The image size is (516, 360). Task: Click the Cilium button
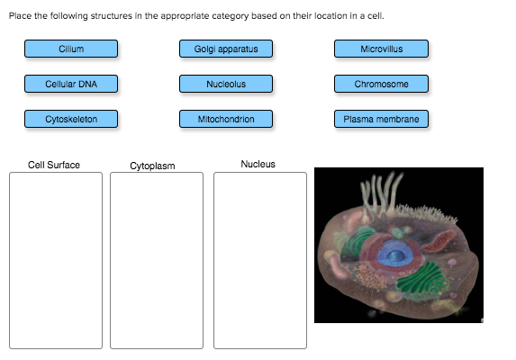pyautogui.click(x=71, y=49)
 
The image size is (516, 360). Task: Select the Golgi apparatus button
pyautogui.click(x=226, y=49)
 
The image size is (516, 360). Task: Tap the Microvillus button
pyautogui.click(x=381, y=49)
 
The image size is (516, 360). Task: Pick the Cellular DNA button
pyautogui.click(x=71, y=84)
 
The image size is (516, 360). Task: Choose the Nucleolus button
pyautogui.click(x=226, y=84)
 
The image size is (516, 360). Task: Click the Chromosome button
pyautogui.click(x=381, y=84)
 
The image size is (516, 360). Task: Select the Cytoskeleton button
pyautogui.click(x=71, y=119)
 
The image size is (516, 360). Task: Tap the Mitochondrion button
pyautogui.click(x=226, y=119)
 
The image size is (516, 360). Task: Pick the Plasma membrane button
pyautogui.click(x=381, y=119)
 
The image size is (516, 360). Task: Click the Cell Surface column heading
pyautogui.click(x=54, y=165)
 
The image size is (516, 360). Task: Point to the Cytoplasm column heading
pyautogui.click(x=152, y=166)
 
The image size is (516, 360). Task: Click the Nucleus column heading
pyautogui.click(x=258, y=164)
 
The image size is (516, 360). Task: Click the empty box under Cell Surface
pyautogui.click(x=56, y=259)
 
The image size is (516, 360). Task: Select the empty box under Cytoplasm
pyautogui.click(x=157, y=259)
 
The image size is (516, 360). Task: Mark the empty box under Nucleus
pyautogui.click(x=259, y=259)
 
